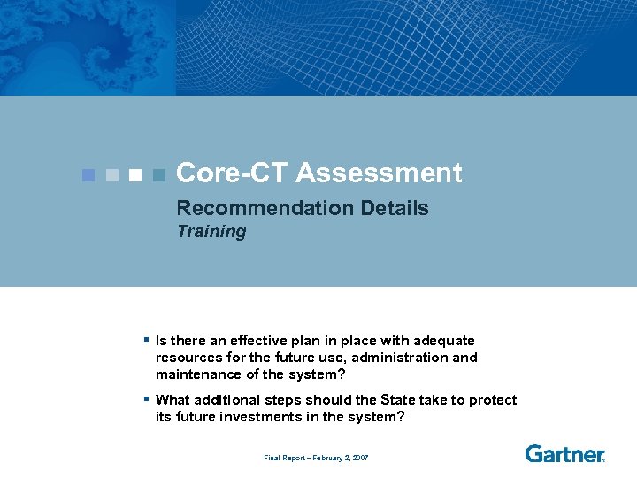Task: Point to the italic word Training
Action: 211,232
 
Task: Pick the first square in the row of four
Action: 88,174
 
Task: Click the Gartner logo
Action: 564,454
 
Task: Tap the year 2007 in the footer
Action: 359,458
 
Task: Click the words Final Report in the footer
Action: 284,458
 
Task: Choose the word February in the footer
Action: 326,458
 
